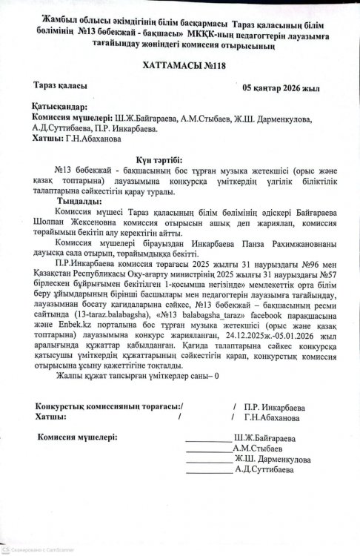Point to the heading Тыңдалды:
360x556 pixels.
[74, 201]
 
